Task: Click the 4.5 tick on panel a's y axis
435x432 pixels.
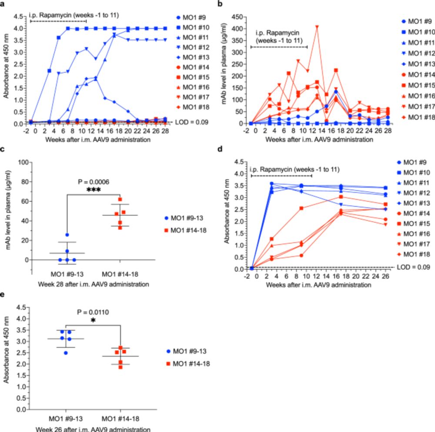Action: tap(19, 17)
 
